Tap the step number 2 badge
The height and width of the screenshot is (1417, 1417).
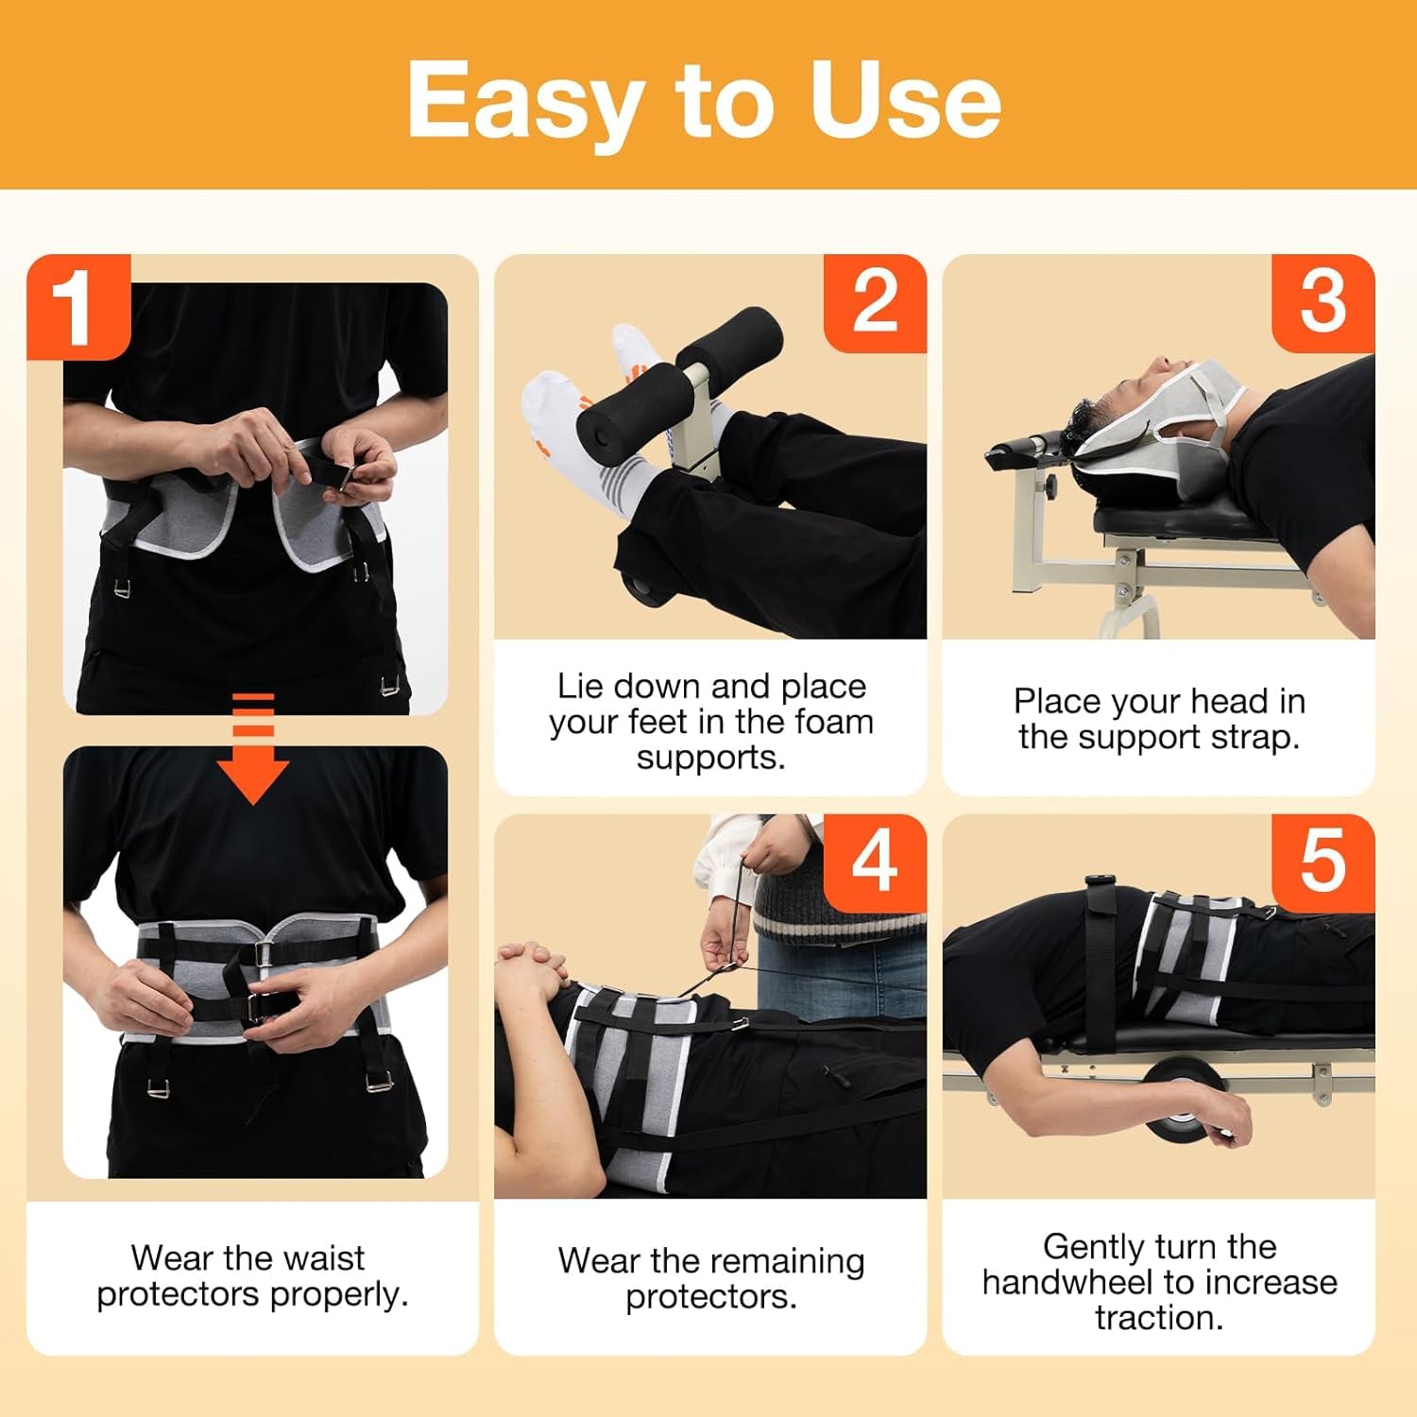click(x=875, y=303)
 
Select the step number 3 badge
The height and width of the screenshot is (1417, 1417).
click(x=1323, y=303)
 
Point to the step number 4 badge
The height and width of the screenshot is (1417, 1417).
click(x=875, y=862)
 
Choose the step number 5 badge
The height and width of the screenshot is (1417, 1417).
click(x=1323, y=861)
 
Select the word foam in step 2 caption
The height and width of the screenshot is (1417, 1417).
click(x=834, y=722)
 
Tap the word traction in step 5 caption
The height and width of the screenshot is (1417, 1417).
click(x=1159, y=1317)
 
